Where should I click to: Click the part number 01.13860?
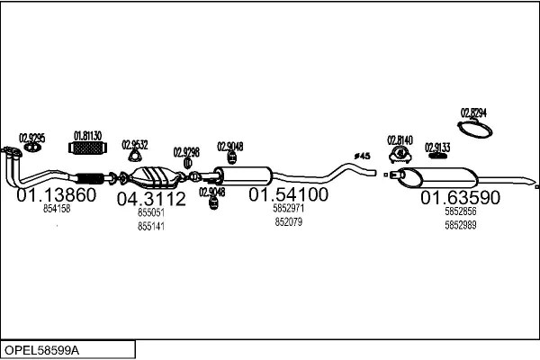click(56, 194)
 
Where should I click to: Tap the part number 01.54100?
click(288, 194)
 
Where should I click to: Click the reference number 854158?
click(57, 208)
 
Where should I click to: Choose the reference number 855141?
click(151, 226)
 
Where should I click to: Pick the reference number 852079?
click(288, 221)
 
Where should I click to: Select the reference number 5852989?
click(460, 224)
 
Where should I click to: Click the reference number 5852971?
click(288, 209)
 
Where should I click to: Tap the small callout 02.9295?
click(32, 137)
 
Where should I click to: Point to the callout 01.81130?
click(87, 135)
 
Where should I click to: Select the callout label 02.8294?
click(473, 112)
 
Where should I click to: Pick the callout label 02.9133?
click(437, 146)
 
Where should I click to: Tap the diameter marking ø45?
click(363, 157)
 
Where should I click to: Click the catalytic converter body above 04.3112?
click(152, 175)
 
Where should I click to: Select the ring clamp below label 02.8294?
click(476, 129)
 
